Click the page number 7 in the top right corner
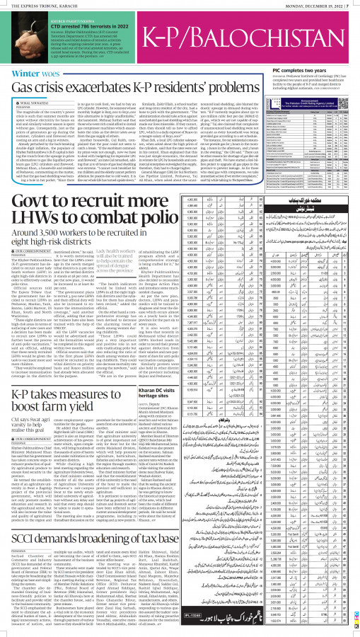355,4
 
